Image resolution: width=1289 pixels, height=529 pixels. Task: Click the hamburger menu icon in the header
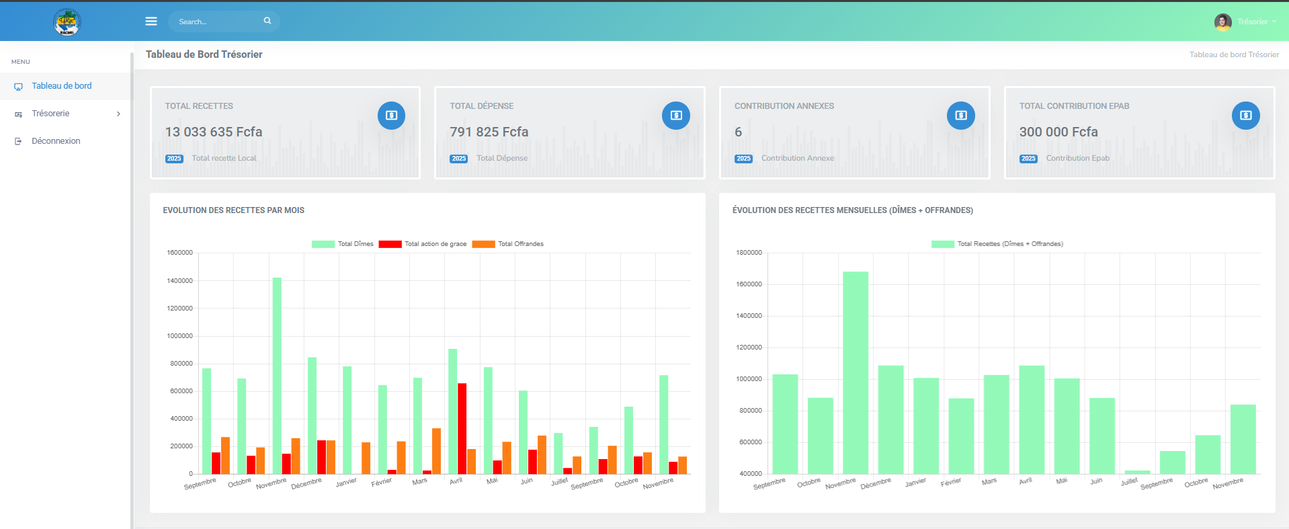(151, 22)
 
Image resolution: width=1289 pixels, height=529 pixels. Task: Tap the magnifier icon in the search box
(267, 21)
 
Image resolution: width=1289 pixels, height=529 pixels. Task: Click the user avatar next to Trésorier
(1222, 22)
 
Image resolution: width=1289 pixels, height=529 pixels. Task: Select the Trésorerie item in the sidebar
(51, 114)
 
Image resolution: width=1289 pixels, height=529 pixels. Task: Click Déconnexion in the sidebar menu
(56, 141)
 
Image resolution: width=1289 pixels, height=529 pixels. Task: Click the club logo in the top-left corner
(67, 22)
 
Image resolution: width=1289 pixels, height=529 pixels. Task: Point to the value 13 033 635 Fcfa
(214, 132)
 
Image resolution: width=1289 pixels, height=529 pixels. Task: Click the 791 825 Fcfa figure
(489, 132)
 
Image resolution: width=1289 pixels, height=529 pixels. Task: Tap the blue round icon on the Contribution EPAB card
(1245, 116)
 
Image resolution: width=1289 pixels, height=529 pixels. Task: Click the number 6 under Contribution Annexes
(738, 132)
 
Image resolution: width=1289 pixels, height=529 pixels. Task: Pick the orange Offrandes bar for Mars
(436, 450)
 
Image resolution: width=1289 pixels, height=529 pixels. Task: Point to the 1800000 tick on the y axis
(749, 253)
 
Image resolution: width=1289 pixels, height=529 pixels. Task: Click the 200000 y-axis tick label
(181, 446)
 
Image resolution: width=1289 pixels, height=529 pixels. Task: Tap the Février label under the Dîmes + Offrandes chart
(950, 483)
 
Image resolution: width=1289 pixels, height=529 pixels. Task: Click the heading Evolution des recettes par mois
(233, 210)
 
